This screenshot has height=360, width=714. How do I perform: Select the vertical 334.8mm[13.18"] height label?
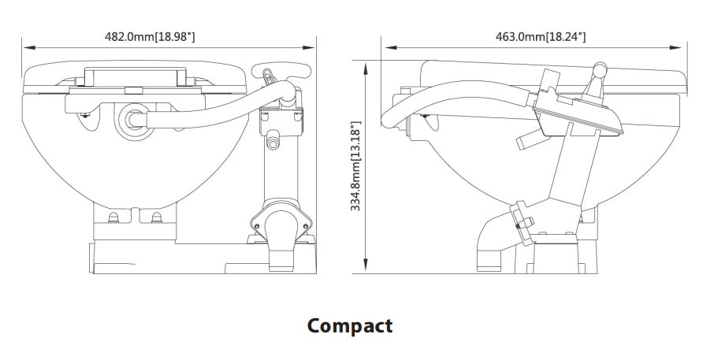pyautogui.click(x=355, y=166)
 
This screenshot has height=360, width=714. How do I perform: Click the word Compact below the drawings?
pyautogui.click(x=349, y=325)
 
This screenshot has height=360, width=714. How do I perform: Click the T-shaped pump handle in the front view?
pyautogui.click(x=280, y=71)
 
